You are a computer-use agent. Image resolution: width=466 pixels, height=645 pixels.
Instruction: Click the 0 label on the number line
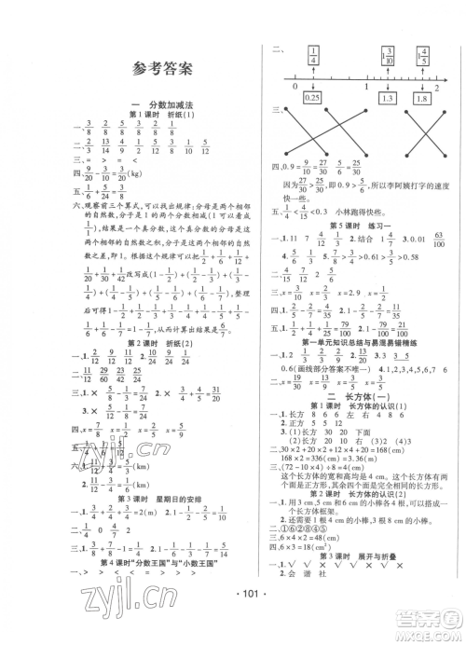pyautogui.click(x=295, y=86)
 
